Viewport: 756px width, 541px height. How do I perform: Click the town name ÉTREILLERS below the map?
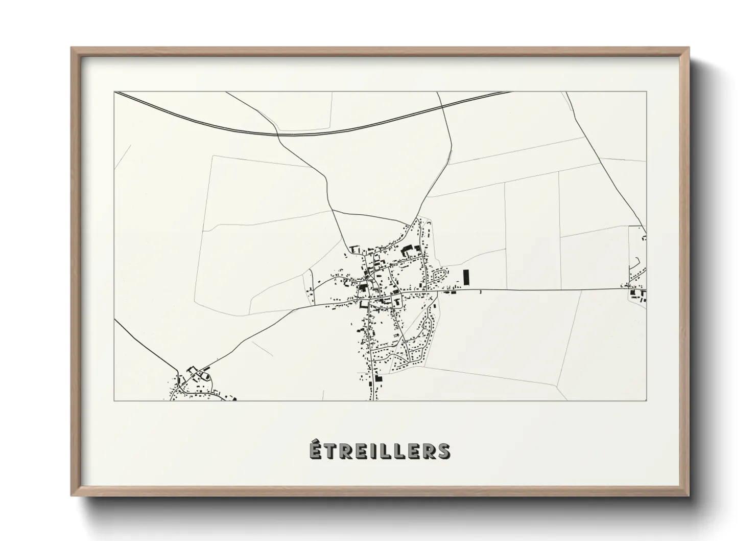click(x=380, y=450)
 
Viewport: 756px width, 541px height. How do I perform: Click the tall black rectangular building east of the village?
click(x=465, y=277)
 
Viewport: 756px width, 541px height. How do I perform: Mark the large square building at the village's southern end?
click(x=379, y=379)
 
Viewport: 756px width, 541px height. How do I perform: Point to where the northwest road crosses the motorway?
click(x=276, y=134)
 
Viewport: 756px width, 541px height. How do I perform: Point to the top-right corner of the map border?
click(x=646, y=92)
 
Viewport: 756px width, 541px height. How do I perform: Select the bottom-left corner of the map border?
click(x=114, y=400)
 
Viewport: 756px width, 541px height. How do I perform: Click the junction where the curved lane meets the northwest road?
click(x=332, y=209)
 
